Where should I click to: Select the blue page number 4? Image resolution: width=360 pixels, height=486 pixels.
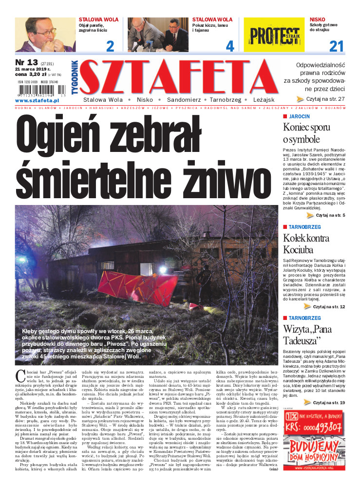coord(230,46)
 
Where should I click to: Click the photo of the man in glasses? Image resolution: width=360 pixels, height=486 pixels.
coord(45,35)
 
